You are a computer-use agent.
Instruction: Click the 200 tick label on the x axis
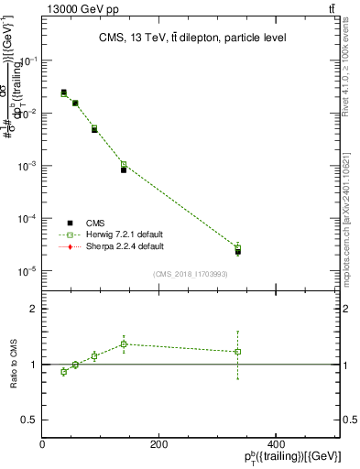159,444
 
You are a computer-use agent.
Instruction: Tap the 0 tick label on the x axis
42,444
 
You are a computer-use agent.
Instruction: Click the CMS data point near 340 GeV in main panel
238,252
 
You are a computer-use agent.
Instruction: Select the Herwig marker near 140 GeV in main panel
124,164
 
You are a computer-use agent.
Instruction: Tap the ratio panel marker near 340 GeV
238,352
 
